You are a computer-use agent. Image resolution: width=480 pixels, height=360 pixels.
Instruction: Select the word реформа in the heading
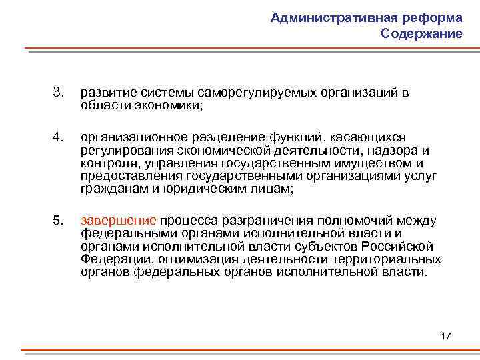click(433, 18)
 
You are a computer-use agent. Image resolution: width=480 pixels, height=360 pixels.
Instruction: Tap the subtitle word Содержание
click(422, 34)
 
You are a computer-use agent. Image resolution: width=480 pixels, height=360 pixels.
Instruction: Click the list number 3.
click(58, 92)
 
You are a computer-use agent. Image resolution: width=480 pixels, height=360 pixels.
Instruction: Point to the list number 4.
click(58, 137)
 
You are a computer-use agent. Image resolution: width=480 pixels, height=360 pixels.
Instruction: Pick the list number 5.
click(58, 221)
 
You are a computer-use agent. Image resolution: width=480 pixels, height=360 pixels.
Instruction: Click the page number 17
click(445, 335)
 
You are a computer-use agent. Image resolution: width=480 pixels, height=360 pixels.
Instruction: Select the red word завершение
click(118, 221)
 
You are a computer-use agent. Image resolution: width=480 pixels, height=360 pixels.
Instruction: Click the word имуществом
click(375, 163)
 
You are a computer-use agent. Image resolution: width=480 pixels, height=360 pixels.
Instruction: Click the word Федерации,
click(111, 259)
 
